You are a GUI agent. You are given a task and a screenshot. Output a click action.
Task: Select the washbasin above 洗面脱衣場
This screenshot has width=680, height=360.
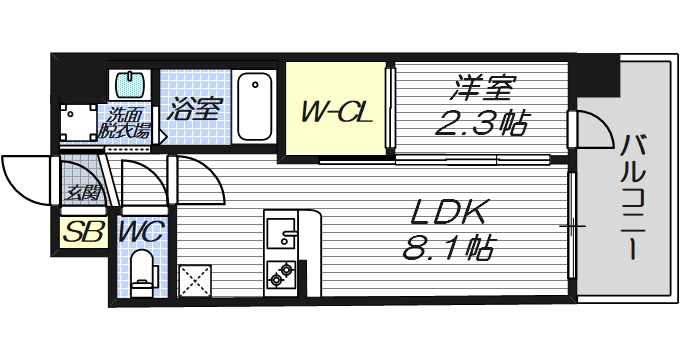[128, 83]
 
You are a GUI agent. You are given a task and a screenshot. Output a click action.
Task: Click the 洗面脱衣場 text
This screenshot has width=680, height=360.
[128, 122]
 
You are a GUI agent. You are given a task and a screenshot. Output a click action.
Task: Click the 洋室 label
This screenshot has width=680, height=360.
[480, 87]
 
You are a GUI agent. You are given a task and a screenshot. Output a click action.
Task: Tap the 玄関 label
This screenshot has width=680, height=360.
[81, 191]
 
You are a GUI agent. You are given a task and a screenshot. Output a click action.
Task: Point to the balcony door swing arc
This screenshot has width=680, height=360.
[591, 127]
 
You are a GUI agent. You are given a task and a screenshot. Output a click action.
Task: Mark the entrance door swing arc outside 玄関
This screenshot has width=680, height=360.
[25, 178]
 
